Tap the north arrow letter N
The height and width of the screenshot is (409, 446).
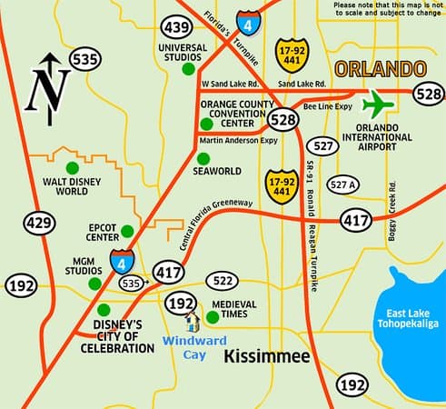(47, 87)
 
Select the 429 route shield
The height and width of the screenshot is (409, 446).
(39, 221)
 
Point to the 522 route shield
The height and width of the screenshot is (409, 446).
(223, 280)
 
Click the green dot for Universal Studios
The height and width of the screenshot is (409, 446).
(187, 68)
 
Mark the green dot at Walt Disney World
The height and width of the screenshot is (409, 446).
(72, 166)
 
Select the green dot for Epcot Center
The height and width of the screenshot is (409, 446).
(127, 231)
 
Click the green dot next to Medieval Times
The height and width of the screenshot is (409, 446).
(213, 317)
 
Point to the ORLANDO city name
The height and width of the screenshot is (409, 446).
(381, 68)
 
